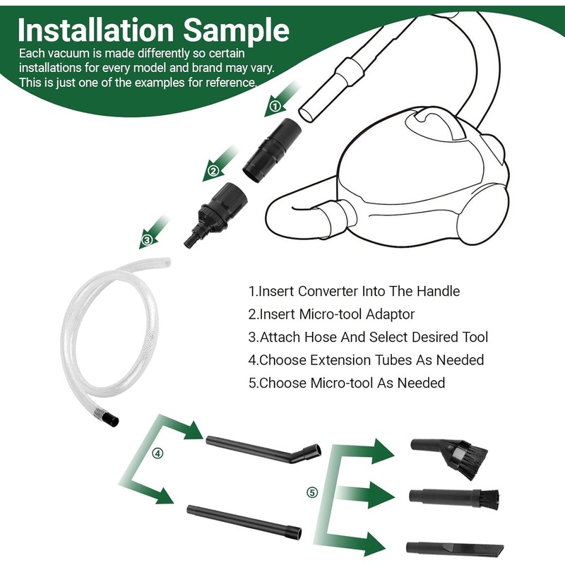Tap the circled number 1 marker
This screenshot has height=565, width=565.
pos(276,107)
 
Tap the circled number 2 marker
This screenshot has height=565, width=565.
pos(212,170)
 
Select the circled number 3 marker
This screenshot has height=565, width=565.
pos(146,240)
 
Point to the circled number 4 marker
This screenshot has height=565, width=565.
pos(156,453)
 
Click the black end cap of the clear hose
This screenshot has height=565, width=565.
pos(112,422)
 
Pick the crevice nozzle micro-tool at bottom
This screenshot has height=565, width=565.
pos(455,547)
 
